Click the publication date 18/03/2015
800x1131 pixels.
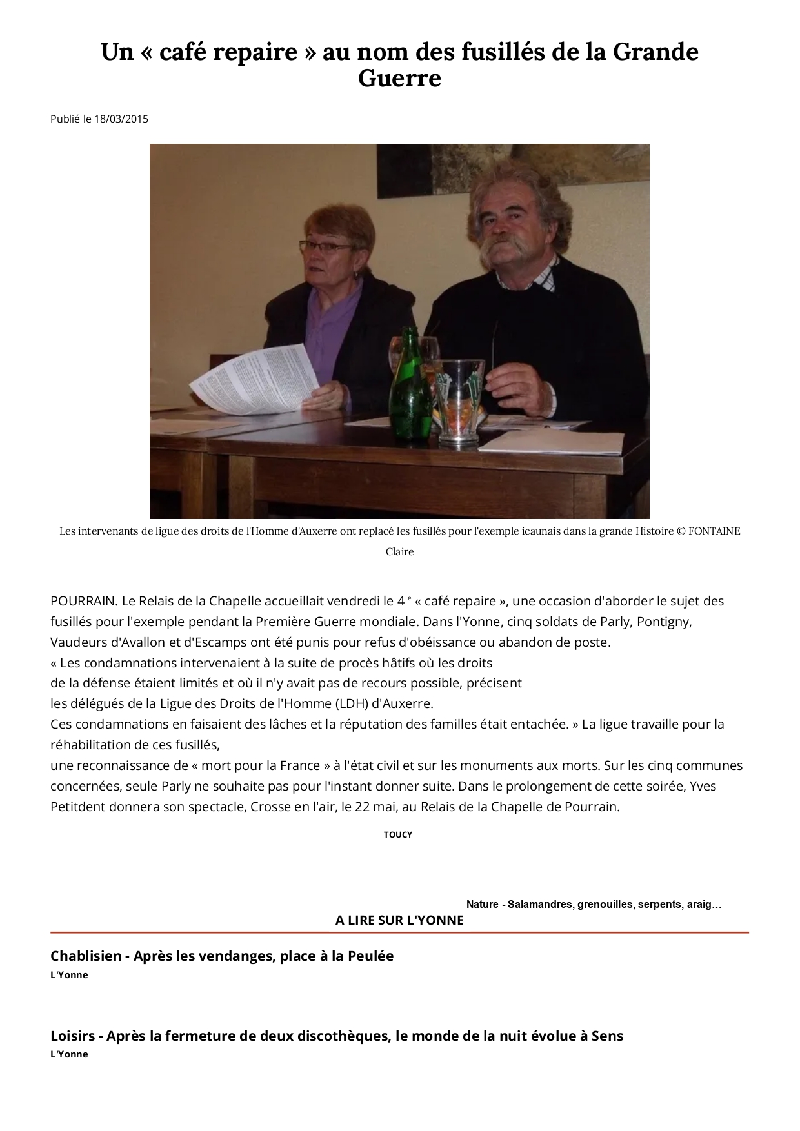121,119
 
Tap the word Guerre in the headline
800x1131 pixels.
399,79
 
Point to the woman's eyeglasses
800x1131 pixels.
326,246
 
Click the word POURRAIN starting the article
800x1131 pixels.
84,601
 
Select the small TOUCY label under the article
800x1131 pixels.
397,834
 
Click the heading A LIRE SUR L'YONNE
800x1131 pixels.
399,920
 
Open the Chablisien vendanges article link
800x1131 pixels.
222,956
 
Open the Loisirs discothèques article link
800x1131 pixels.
337,1036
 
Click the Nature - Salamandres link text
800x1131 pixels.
594,904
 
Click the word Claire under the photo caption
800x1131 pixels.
399,552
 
